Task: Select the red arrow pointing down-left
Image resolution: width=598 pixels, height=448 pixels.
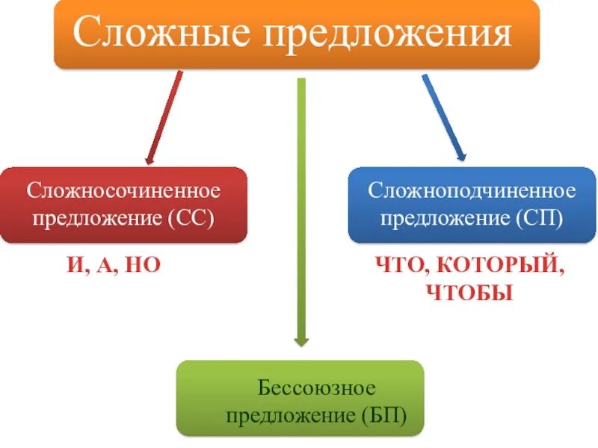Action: pyautogui.click(x=164, y=116)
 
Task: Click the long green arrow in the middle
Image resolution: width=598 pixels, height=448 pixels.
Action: pyautogui.click(x=301, y=209)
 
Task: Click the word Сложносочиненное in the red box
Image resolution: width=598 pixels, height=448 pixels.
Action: pyautogui.click(x=124, y=191)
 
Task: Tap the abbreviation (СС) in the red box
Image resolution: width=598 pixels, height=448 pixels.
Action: pyautogui.click(x=191, y=219)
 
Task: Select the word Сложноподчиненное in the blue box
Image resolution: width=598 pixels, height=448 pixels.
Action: pyautogui.click(x=472, y=191)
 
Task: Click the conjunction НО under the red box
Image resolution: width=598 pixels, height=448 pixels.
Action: pyautogui.click(x=144, y=265)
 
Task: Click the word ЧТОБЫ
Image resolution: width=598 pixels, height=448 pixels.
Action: pyautogui.click(x=469, y=292)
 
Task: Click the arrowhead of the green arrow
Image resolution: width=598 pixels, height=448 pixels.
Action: pyautogui.click(x=301, y=340)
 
